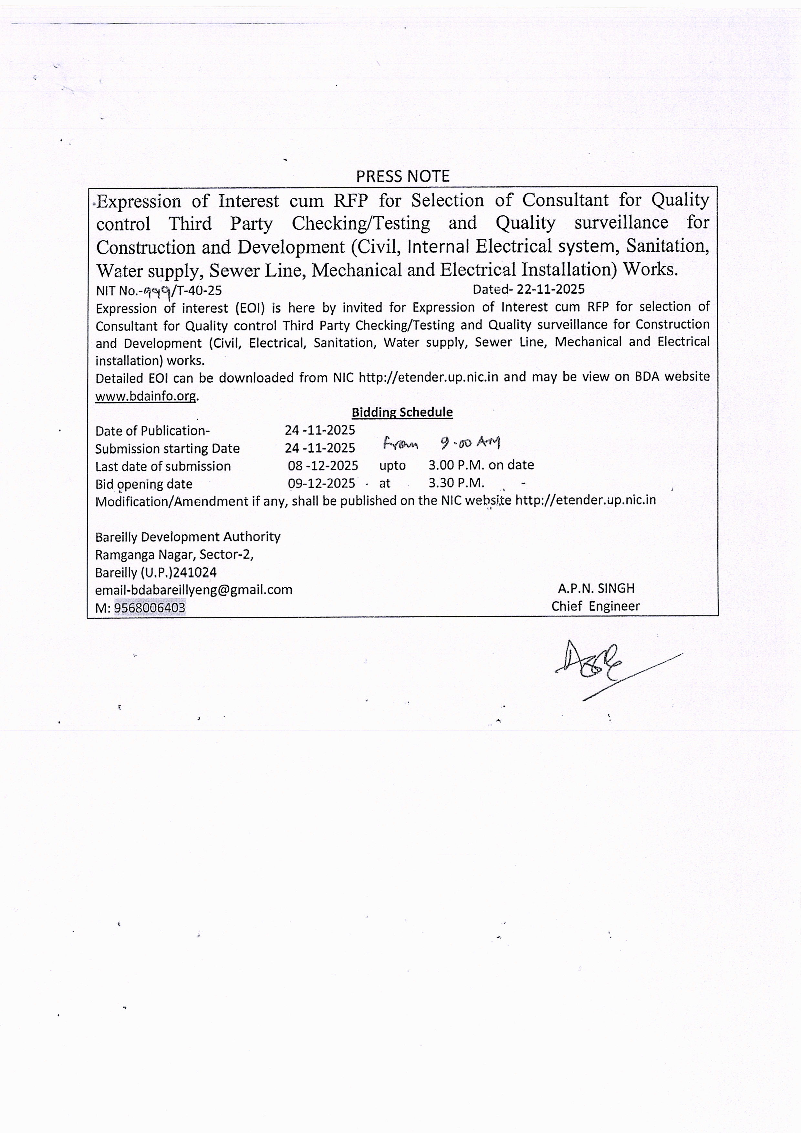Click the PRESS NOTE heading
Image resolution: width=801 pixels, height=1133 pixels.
pos(402,176)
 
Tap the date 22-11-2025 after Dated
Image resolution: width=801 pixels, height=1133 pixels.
pos(550,289)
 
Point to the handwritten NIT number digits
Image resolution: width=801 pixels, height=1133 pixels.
pos(157,291)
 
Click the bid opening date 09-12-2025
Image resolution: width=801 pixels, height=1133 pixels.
pos(322,483)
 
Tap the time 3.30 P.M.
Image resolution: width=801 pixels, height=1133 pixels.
pos(456,483)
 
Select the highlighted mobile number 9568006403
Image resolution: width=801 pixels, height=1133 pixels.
pos(150,607)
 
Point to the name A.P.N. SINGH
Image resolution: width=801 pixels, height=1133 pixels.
pos(596,588)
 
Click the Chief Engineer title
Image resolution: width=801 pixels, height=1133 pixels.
pos(595,606)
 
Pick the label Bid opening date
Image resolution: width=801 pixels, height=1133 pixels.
pos(143,484)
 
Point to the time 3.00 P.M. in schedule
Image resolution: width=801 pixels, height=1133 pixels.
pos(456,465)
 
